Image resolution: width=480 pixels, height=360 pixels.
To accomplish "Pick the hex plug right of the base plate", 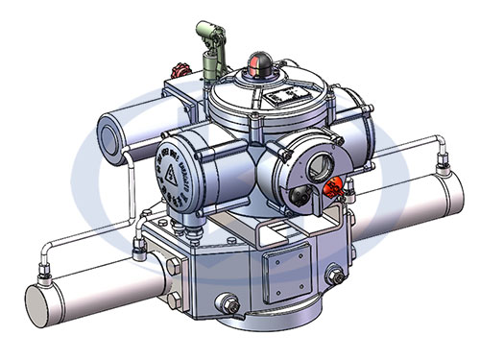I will [335, 277].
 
